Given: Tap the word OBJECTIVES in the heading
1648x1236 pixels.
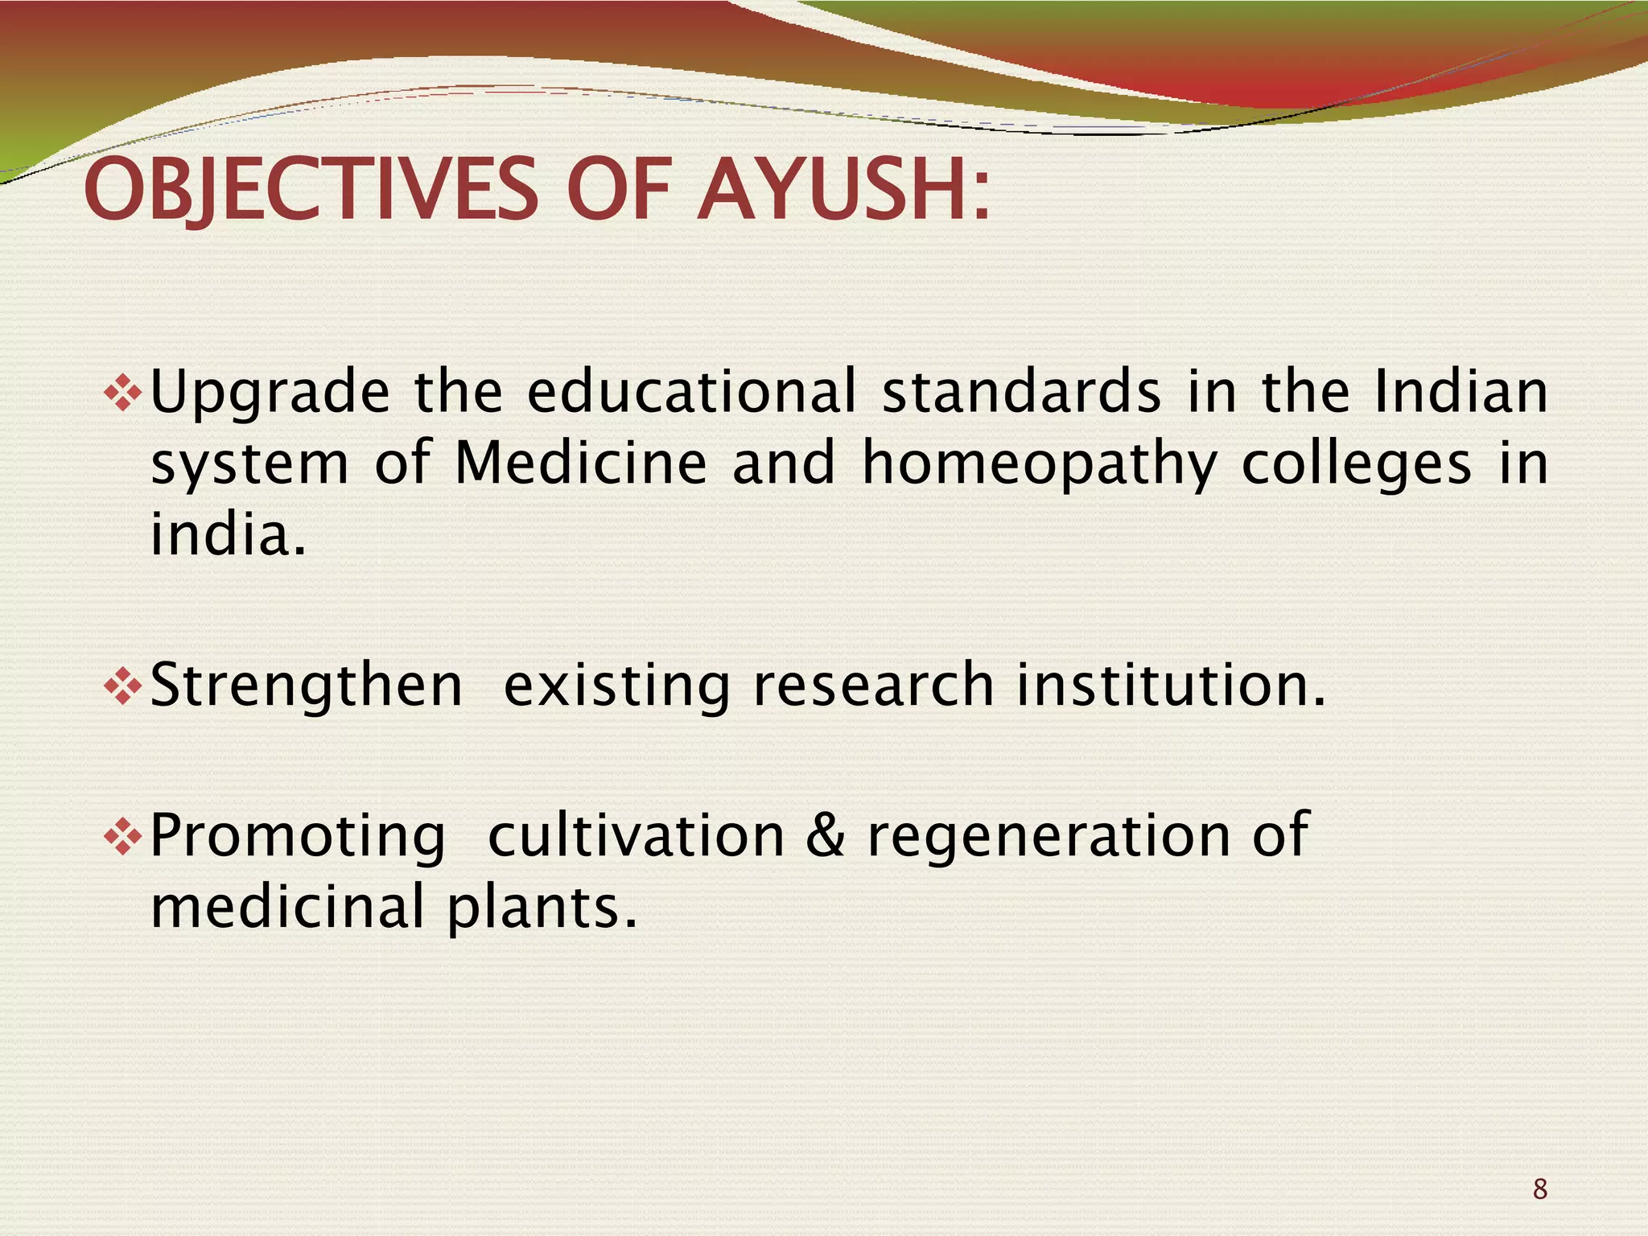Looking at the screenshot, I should [x=311, y=192].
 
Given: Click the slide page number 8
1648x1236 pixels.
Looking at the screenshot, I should [x=1539, y=1189].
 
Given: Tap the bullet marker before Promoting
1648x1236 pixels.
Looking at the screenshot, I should [x=123, y=837].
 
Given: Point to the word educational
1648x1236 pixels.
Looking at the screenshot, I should [x=692, y=392].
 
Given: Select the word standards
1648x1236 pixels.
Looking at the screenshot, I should [x=1021, y=392].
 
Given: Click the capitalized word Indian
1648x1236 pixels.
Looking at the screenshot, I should [x=1461, y=392].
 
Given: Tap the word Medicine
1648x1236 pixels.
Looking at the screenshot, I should [x=580, y=463].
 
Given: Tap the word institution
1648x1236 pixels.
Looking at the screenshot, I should [x=1171, y=685].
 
